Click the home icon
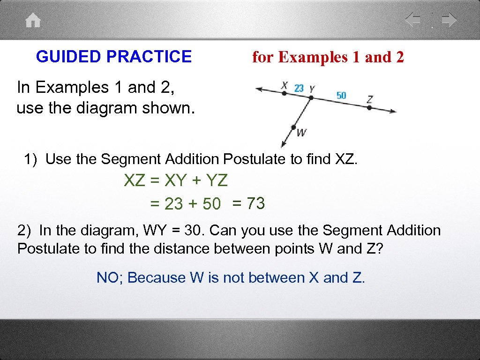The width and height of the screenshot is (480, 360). point(33,21)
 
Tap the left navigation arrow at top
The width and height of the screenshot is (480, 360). point(413,20)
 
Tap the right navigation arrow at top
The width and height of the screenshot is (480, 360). point(449,20)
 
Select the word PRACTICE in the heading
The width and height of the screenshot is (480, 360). point(149,57)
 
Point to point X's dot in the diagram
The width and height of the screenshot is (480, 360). point(284,93)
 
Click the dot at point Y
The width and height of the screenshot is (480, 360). point(311,98)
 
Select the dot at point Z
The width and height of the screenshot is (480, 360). point(369,107)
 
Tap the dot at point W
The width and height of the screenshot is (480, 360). point(294,127)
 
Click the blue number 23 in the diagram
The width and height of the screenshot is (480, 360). point(299,88)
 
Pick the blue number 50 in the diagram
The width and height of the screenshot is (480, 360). point(341,95)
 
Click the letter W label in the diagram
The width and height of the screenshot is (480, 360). point(301,133)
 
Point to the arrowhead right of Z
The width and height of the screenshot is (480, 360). point(392,111)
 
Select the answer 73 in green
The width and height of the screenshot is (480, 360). point(255,203)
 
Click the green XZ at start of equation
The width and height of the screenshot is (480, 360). point(135,180)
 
